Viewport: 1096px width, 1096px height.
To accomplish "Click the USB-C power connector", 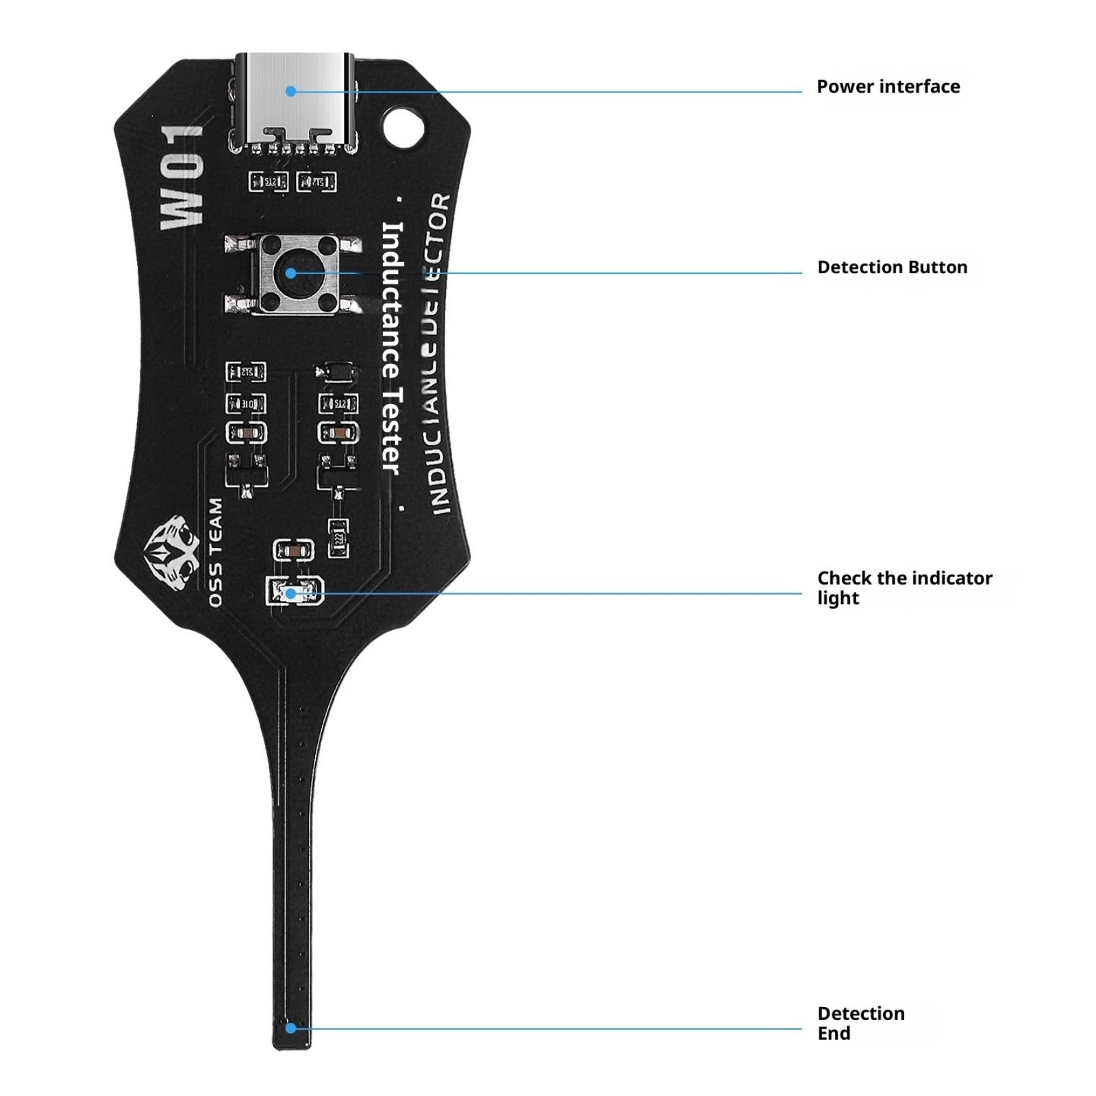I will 295,103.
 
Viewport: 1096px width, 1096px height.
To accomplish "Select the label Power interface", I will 888,87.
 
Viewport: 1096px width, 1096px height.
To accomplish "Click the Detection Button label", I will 892,267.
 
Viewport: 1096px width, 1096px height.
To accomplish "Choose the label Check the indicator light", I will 904,588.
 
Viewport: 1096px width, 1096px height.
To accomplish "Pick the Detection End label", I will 860,1023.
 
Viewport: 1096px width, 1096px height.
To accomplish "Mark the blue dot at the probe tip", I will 291,1028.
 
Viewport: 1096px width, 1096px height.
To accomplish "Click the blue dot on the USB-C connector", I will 291,91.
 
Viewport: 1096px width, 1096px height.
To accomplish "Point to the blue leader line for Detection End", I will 548,1028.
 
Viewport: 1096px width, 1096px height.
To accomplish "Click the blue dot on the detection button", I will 290,273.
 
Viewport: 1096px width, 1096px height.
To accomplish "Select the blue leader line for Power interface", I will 548,91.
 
